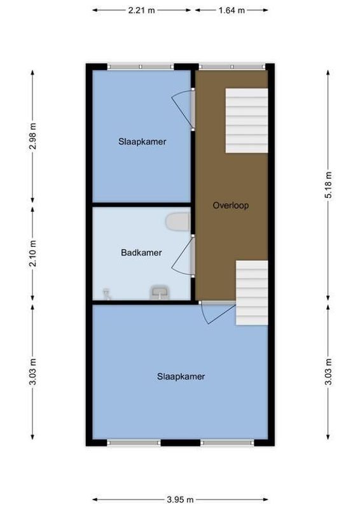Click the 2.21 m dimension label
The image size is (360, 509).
tap(142, 10)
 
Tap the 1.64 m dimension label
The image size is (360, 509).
tap(232, 10)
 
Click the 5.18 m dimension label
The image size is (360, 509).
tap(329, 185)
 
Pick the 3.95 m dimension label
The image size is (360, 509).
tap(181, 499)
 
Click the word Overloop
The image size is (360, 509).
tap(230, 206)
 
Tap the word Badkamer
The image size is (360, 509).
tap(141, 253)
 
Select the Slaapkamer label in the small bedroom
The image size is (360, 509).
tap(142, 142)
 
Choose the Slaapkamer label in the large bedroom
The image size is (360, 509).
tap(181, 376)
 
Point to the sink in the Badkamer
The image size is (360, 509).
tap(159, 293)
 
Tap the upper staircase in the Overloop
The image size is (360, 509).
tap(247, 120)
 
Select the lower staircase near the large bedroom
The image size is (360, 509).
tap(252, 293)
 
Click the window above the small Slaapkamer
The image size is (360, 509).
tap(140, 66)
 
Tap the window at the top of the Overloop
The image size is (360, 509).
tap(232, 66)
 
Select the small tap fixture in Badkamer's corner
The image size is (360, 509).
tap(106, 293)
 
